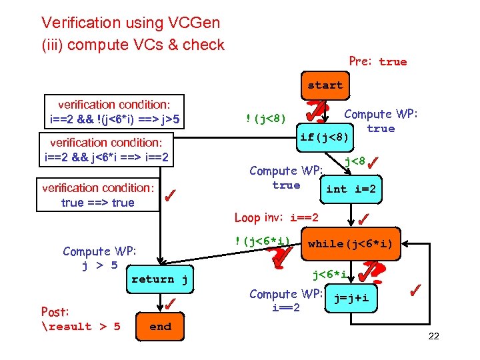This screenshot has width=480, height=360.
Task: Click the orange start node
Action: pyautogui.click(x=325, y=85)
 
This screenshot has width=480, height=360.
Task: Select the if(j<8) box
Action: pyautogui.click(x=324, y=137)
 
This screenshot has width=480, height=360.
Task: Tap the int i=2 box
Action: pyautogui.click(x=351, y=189)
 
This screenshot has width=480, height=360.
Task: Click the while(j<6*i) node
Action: pyautogui.click(x=350, y=244)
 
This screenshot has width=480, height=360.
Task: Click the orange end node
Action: pyautogui.click(x=160, y=327)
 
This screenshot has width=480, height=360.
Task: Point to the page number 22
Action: pyautogui.click(x=433, y=336)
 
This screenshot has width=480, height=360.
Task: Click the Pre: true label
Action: pyautogui.click(x=377, y=61)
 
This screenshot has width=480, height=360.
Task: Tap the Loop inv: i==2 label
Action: pyautogui.click(x=276, y=218)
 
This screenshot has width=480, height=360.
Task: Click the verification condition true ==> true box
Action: pyautogui.click(x=97, y=195)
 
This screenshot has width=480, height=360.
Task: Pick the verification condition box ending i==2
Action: pyautogui.click(x=107, y=151)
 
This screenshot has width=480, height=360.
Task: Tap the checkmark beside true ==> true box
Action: pyautogui.click(x=171, y=195)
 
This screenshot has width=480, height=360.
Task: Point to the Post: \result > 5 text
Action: pyautogui.click(x=80, y=319)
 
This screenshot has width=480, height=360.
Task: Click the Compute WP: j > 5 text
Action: pyautogui.click(x=99, y=258)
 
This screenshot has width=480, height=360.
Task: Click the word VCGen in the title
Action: pyautogui.click(x=193, y=23)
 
